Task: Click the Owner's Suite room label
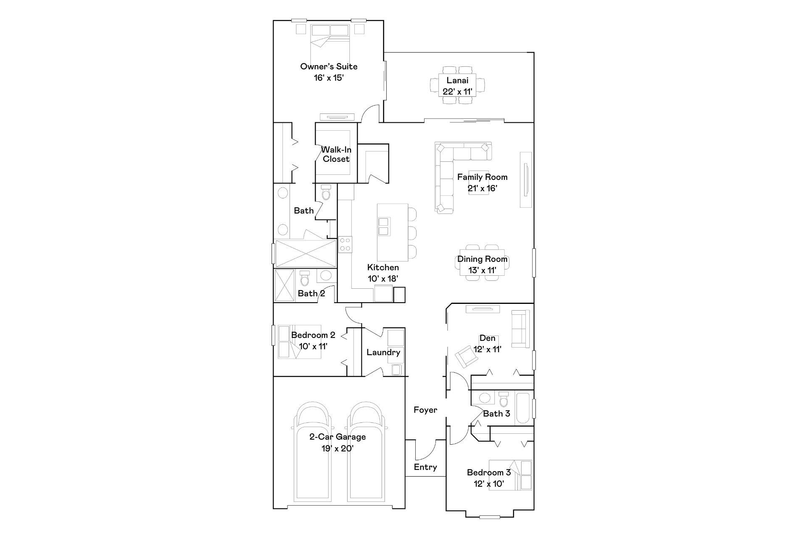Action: pyautogui.click(x=329, y=66)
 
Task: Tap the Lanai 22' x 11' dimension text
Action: pyautogui.click(x=457, y=92)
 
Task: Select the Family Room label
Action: pyautogui.click(x=482, y=177)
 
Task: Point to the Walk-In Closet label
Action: pyautogui.click(x=336, y=154)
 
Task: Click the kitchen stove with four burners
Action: pyautogui.click(x=345, y=244)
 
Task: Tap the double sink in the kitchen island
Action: pyautogui.click(x=383, y=226)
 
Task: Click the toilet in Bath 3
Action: pyautogui.click(x=504, y=400)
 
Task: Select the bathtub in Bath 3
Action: pyautogui.click(x=524, y=408)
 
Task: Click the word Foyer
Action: pyautogui.click(x=425, y=410)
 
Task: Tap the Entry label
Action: pyautogui.click(x=425, y=467)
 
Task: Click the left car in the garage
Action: pyautogui.click(x=312, y=454)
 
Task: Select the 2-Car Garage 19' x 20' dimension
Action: pyautogui.click(x=338, y=448)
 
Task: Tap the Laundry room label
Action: pyautogui.click(x=383, y=352)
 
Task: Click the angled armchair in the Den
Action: pyautogui.click(x=467, y=356)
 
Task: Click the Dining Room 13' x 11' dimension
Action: pyautogui.click(x=483, y=270)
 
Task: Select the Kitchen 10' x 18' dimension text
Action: pyautogui.click(x=383, y=278)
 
